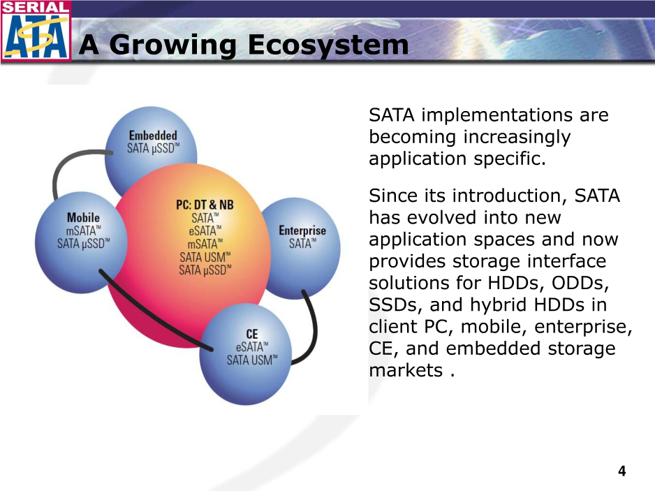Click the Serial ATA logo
point(36,31)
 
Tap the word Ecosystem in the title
point(328,45)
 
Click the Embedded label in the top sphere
point(153,135)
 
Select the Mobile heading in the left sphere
point(83,217)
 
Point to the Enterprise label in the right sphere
point(302,230)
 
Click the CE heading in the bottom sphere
point(252,335)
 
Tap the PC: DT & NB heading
point(205,205)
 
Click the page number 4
point(622,471)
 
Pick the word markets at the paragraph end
point(406,370)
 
